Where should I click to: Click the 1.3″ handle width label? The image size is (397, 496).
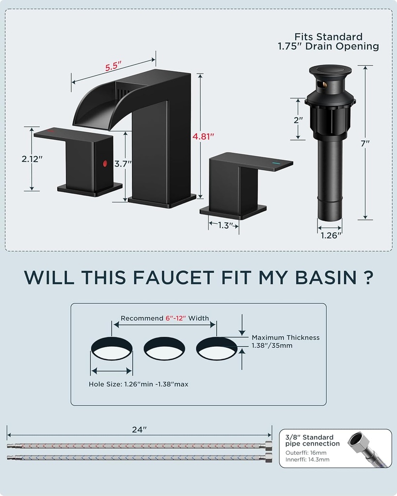(x=223, y=225)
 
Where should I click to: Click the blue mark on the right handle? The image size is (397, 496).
(x=276, y=164)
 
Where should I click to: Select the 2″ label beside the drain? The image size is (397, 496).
(x=298, y=119)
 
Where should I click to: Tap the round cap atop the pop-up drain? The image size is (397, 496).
(x=330, y=71)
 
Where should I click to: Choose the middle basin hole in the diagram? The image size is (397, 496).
(x=165, y=348)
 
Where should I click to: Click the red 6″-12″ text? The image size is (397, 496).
(x=177, y=318)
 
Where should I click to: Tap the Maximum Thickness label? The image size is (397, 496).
(x=285, y=338)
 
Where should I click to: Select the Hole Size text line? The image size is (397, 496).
(x=138, y=384)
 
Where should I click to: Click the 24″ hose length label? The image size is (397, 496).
(x=139, y=430)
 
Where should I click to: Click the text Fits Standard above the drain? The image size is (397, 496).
(x=328, y=37)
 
